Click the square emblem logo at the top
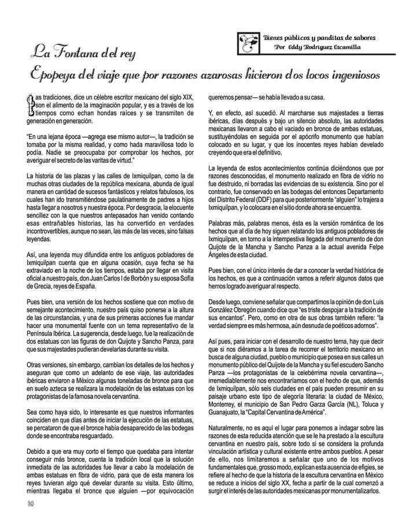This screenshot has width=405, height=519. click(247, 42)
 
